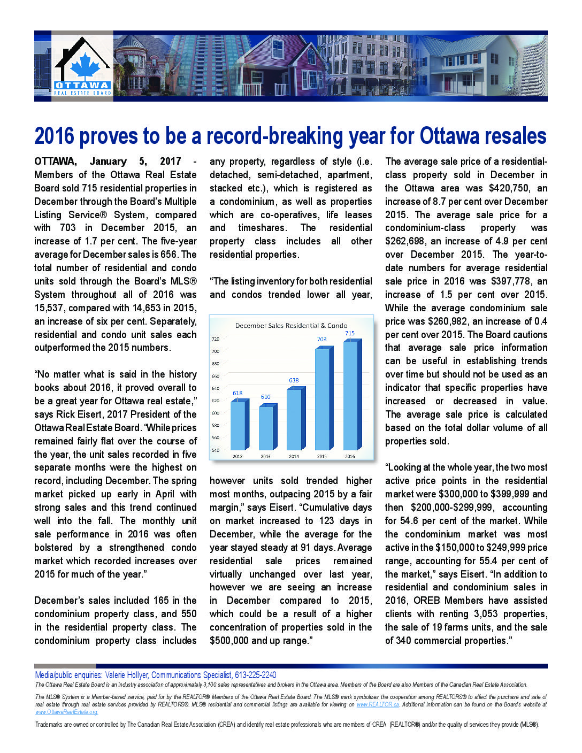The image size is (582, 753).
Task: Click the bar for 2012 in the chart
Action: click(x=239, y=426)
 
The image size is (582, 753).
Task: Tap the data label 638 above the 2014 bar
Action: click(x=294, y=380)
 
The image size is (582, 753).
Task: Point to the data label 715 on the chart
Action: click(x=350, y=333)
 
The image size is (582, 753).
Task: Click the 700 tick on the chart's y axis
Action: click(x=216, y=351)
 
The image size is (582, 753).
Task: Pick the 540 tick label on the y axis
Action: click(x=216, y=450)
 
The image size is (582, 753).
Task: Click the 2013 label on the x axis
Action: click(x=266, y=456)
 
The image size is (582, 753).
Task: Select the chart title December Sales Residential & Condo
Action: click(x=291, y=325)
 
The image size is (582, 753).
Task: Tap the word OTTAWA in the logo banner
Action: click(x=82, y=86)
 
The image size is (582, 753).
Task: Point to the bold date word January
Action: click(x=108, y=162)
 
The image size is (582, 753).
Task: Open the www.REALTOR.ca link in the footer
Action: click(x=378, y=704)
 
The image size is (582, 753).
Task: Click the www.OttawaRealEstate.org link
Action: click(x=66, y=712)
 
